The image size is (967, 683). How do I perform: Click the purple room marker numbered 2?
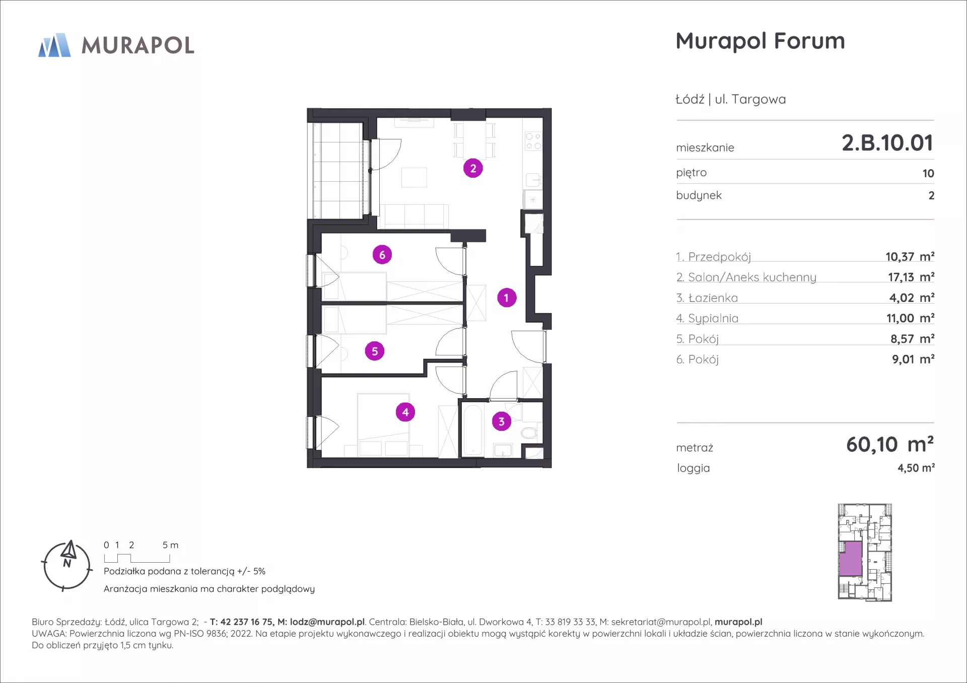pyautogui.click(x=473, y=169)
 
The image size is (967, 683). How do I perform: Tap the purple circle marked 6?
pyautogui.click(x=382, y=255)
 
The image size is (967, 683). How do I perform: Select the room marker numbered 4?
pyautogui.click(x=405, y=412)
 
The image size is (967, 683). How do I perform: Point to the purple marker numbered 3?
pyautogui.click(x=501, y=421)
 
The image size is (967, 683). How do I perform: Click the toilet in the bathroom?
pyautogui.click(x=529, y=432)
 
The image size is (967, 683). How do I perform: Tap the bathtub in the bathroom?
pyautogui.click(x=472, y=430)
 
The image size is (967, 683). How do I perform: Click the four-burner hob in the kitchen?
pyautogui.click(x=533, y=141)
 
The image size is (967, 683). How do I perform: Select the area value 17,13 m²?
pyautogui.click(x=911, y=277)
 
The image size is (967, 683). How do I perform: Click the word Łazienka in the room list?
pyautogui.click(x=713, y=298)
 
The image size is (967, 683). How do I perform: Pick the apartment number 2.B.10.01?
pyautogui.click(x=887, y=143)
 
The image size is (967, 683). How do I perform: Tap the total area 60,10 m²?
pyautogui.click(x=890, y=444)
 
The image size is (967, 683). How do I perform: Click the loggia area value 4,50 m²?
pyautogui.click(x=916, y=468)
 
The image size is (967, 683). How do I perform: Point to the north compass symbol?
pyautogui.click(x=67, y=566)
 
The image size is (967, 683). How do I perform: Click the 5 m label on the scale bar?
pyautogui.click(x=170, y=545)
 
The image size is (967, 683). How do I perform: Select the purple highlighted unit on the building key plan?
pyautogui.click(x=851, y=559)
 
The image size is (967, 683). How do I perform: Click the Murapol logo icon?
pyautogui.click(x=54, y=45)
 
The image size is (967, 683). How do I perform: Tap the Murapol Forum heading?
pyautogui.click(x=760, y=41)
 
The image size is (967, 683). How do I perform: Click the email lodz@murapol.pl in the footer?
pyautogui.click(x=327, y=622)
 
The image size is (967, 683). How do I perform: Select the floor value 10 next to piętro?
pyautogui.click(x=928, y=174)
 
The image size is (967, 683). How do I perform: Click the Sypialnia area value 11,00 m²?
pyautogui.click(x=910, y=319)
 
